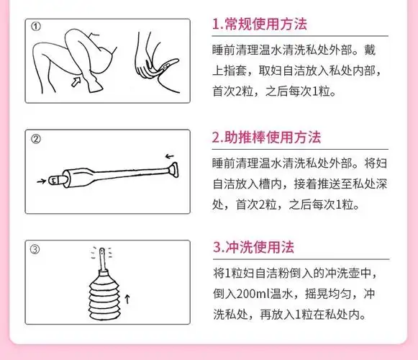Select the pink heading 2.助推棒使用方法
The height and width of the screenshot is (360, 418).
click(266, 137)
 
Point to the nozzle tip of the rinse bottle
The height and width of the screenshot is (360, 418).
click(103, 255)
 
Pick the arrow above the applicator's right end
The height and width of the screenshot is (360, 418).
click(170, 155)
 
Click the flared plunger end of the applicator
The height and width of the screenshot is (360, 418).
click(173, 171)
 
